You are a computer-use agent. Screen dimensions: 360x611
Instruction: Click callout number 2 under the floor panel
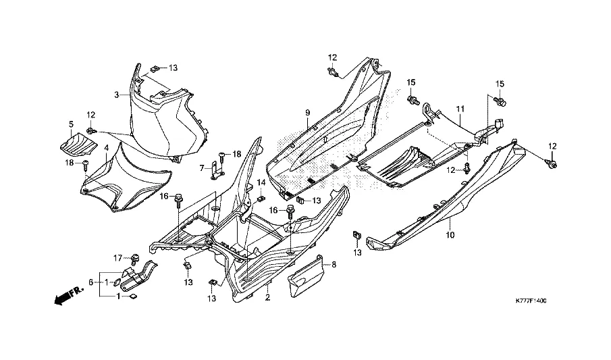[x=267, y=297]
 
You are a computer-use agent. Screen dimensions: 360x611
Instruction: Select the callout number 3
[x=116, y=95]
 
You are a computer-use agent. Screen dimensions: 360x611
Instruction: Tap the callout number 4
[x=106, y=147]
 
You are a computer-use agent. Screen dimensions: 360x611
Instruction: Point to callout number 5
[x=70, y=124]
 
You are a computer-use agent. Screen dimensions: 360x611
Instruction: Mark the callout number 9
[x=307, y=111]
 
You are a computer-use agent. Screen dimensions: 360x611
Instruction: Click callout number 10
[x=450, y=235]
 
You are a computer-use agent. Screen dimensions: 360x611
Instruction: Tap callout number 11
[x=460, y=109]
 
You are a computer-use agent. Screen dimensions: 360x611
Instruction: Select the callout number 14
[x=261, y=183]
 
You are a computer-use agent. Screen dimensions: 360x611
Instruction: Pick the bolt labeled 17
[x=134, y=257]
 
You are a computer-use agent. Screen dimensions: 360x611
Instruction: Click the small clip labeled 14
[x=261, y=199]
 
